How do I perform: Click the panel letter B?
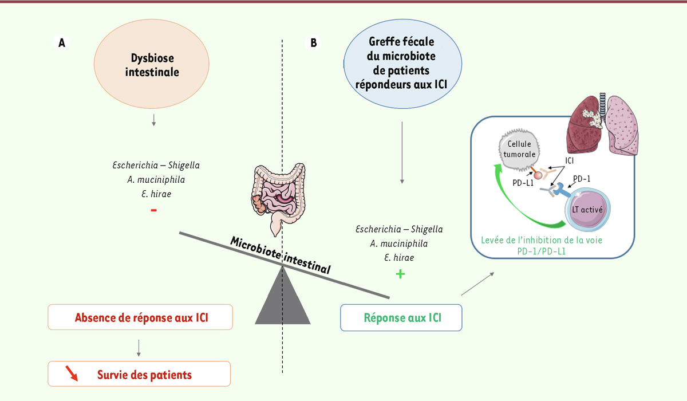[x=313, y=42]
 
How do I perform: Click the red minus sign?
[x=153, y=210]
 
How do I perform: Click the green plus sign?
[x=400, y=274]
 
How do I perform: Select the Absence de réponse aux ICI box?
[x=140, y=317]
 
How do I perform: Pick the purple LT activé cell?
[x=587, y=209]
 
